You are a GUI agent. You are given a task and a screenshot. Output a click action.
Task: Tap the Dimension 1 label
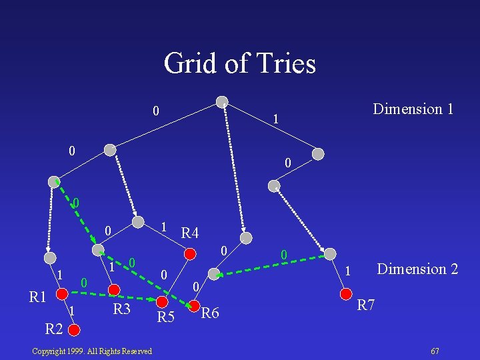pos(413,109)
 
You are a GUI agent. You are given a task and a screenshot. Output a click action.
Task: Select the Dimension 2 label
pos(417,269)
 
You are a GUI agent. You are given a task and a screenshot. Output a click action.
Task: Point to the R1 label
pos(39,296)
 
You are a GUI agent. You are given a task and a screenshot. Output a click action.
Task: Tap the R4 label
pos(190,233)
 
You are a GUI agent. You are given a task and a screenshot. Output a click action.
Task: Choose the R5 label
pos(165,317)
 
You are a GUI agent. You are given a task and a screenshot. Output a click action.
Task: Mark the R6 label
pos(211,313)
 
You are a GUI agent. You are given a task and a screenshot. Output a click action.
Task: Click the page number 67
pos(435,351)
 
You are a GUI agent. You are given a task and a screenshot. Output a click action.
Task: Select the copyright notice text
pos(92,351)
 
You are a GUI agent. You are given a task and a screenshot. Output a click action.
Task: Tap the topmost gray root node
pos(222,103)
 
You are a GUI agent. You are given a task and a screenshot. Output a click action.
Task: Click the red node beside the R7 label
pos(345,294)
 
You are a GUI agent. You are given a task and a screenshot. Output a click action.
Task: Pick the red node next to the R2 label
pos(75,329)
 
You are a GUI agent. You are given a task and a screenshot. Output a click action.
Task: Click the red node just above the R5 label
pos(161,302)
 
